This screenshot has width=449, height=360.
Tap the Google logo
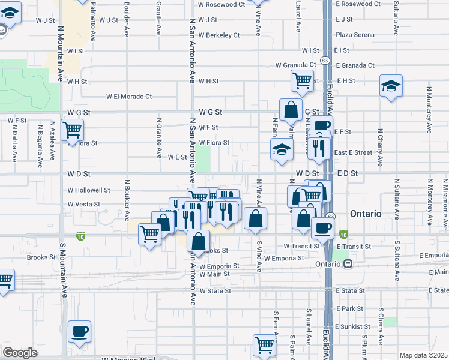[x=20, y=353]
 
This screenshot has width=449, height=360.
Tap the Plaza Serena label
[x=356, y=35]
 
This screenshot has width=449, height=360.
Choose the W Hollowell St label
[x=89, y=190]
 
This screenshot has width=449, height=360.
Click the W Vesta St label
[x=83, y=205]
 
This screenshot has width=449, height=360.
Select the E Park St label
[x=350, y=308]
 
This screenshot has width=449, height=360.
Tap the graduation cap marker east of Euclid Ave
[x=391, y=86]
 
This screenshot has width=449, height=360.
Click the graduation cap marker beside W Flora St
[x=281, y=150]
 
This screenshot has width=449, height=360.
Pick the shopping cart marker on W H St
[x=302, y=80]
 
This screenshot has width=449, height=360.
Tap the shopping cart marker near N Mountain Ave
[x=72, y=128]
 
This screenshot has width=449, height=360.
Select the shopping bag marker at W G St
[x=291, y=110]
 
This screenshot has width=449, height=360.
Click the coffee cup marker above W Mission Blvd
[x=80, y=331]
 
